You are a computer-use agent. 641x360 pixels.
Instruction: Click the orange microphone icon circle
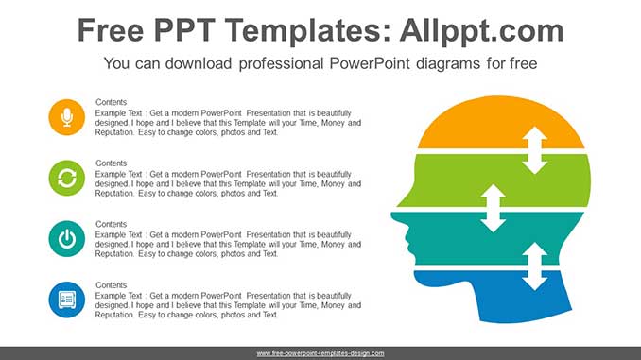[66, 117]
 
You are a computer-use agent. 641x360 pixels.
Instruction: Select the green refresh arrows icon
[66, 178]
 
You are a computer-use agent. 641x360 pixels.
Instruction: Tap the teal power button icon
[66, 239]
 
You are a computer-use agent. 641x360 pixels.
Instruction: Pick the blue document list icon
[66, 300]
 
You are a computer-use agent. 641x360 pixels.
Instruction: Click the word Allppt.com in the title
[481, 31]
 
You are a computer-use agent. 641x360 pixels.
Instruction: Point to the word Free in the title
[111, 30]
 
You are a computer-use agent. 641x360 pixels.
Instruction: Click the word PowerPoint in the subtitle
[370, 63]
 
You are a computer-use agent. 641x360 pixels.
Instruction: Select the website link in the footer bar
[320, 353]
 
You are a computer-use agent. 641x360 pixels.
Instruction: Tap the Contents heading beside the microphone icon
[111, 102]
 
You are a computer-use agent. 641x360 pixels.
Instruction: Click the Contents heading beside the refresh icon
[111, 163]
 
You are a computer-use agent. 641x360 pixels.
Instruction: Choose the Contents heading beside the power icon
[111, 224]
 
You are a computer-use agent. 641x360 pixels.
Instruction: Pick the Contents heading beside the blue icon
[111, 284]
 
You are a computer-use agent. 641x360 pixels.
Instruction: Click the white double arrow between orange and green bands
[535, 150]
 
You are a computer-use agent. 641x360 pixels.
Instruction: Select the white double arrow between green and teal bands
[493, 209]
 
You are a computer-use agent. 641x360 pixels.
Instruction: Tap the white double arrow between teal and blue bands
[535, 266]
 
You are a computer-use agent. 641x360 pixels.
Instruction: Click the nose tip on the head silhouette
[392, 215]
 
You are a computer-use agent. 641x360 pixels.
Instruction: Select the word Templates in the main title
[303, 31]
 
